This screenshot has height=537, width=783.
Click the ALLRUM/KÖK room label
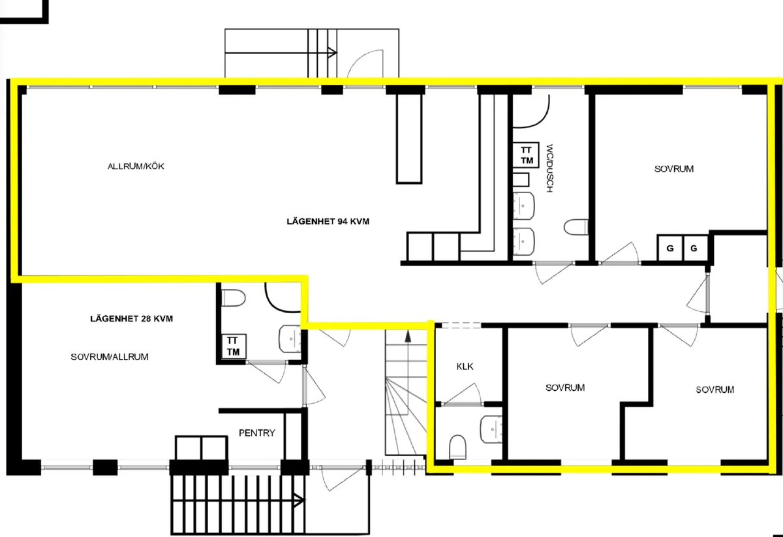pyautogui.click(x=136, y=166)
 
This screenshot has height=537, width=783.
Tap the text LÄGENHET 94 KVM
pyautogui.click(x=328, y=221)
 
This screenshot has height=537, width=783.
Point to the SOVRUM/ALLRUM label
pyautogui.click(x=110, y=357)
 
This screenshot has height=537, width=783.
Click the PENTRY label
pyautogui.click(x=257, y=433)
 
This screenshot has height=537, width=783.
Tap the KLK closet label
pyautogui.click(x=465, y=366)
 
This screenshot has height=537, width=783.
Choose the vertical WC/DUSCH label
pyautogui.click(x=550, y=167)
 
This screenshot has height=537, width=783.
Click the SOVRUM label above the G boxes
pyautogui.click(x=674, y=169)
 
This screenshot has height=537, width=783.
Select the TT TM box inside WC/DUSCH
pyautogui.click(x=526, y=155)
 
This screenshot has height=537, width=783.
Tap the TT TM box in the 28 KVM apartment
pyautogui.click(x=232, y=346)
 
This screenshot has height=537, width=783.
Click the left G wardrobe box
pyautogui.click(x=669, y=248)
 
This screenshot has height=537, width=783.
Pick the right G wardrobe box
pyautogui.click(x=694, y=248)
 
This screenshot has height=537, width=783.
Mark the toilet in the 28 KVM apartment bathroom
pyautogui.click(x=233, y=298)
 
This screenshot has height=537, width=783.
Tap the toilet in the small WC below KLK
pyautogui.click(x=459, y=447)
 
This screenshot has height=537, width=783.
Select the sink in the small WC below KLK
pyautogui.click(x=490, y=429)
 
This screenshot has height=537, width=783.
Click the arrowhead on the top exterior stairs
pyautogui.click(x=332, y=53)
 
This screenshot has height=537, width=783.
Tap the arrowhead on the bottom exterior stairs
pyautogui.click(x=299, y=501)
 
